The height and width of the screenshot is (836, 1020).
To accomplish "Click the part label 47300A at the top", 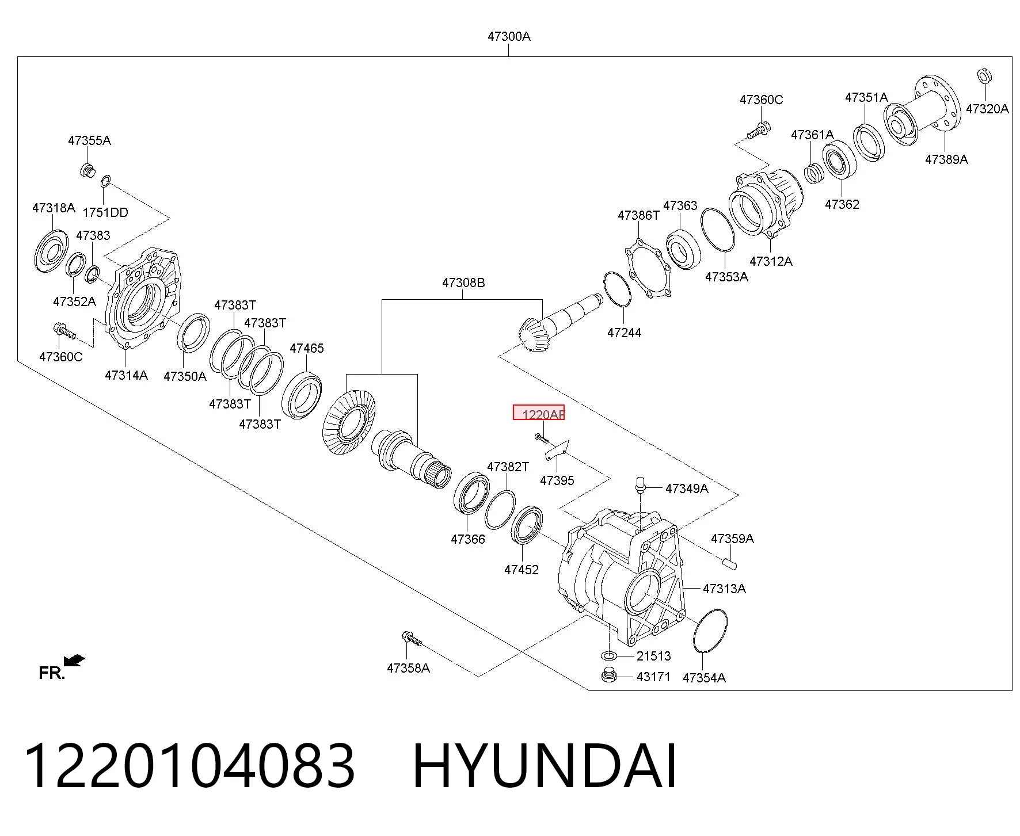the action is [509, 36].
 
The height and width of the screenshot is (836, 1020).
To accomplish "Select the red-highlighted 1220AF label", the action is [539, 413].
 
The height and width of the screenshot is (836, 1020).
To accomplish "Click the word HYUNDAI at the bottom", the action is [545, 766].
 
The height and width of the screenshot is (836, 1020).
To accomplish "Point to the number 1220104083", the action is [189, 766].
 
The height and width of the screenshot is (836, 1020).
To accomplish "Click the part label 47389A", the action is [946, 159].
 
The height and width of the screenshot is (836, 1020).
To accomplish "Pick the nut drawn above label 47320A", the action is [984, 76].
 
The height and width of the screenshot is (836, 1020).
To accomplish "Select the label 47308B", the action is [463, 283].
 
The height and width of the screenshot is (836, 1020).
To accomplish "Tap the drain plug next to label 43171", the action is [609, 675].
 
